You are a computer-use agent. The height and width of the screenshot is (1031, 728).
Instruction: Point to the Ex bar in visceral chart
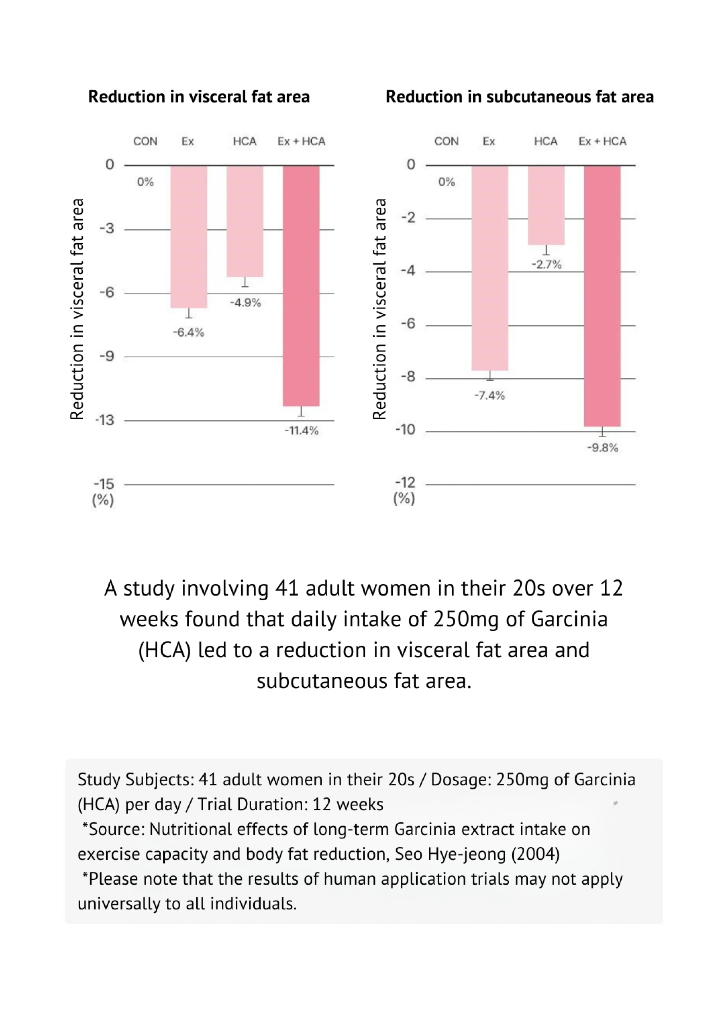tap(189, 237)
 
